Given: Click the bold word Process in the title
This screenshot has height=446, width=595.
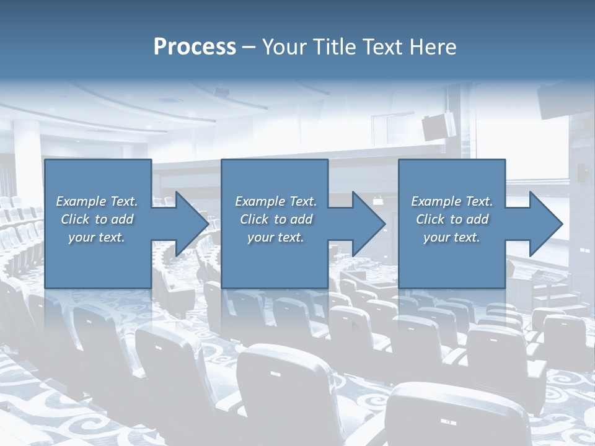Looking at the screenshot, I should pos(195,47).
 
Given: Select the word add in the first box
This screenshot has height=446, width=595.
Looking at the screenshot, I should pos(123,219).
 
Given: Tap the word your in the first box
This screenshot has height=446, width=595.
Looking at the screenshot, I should pos(81,237).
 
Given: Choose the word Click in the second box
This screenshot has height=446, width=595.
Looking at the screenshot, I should pos(253,219).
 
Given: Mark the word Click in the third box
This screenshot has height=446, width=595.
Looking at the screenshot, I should pos(430,219).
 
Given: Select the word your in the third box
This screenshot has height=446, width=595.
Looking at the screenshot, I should pos(436,237).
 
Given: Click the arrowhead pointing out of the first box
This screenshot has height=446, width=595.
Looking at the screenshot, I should pos(189,224).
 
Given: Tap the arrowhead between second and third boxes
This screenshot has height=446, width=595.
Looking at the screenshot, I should pos(366,224).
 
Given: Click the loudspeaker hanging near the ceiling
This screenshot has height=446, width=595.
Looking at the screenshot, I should pos(439,125).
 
